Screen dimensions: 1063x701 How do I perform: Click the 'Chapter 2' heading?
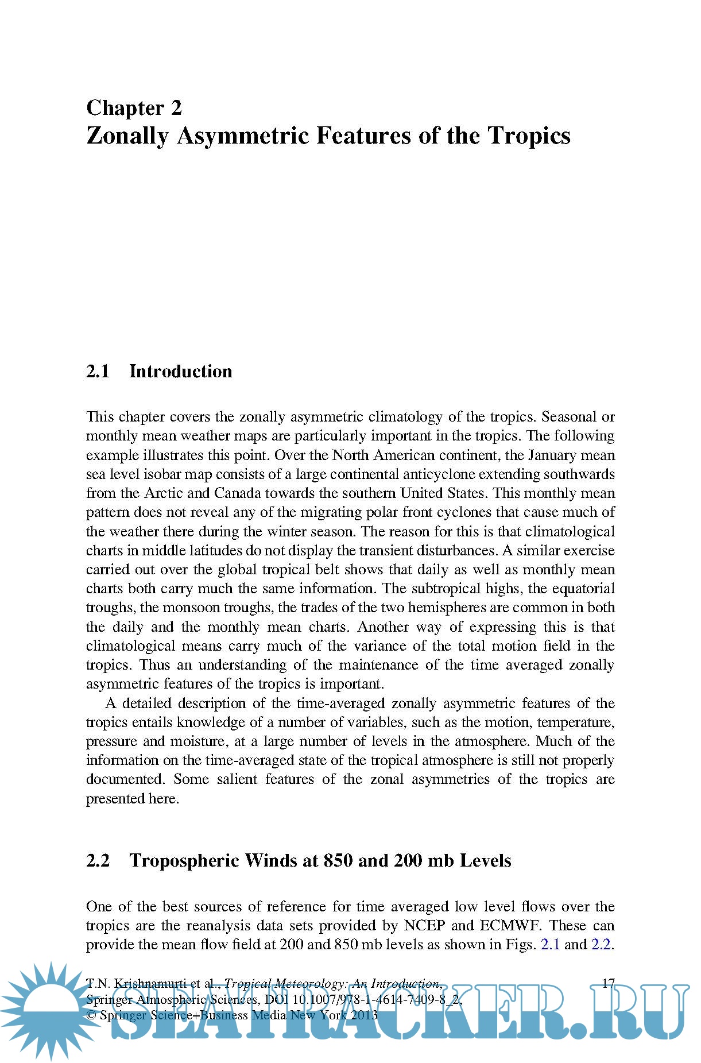click(134, 108)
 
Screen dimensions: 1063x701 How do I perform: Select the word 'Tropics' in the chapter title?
click(529, 136)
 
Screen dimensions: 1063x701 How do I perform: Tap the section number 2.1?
click(98, 372)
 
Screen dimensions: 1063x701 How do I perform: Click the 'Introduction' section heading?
click(180, 372)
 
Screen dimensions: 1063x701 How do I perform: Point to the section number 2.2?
click(98, 861)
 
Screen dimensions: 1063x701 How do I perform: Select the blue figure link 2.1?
click(550, 945)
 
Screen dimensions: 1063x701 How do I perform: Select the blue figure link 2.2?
click(601, 945)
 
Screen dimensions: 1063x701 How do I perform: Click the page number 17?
click(608, 983)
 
